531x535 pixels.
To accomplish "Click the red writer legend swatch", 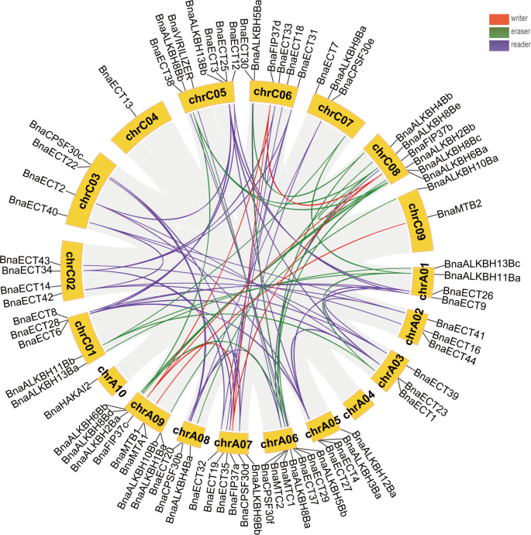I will [x=498, y=18].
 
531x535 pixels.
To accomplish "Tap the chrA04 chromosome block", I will [x=358, y=402].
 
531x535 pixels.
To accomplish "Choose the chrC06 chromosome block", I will [x=271, y=94].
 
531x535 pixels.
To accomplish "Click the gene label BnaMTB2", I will [x=460, y=205].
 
